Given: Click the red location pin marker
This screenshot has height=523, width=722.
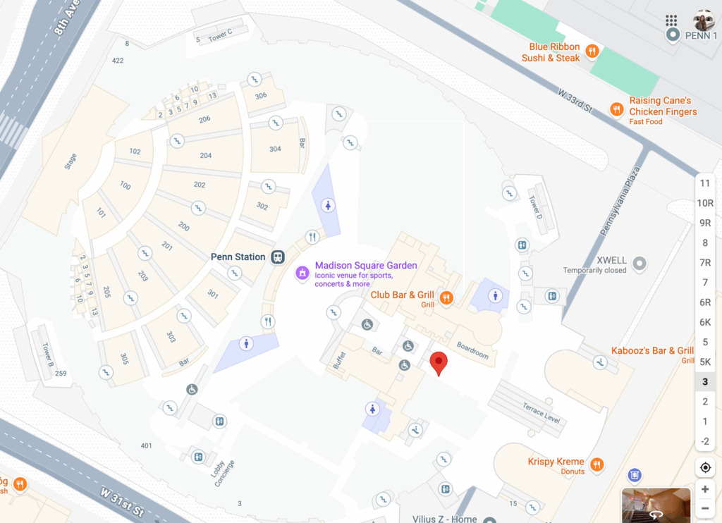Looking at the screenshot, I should pos(439,363).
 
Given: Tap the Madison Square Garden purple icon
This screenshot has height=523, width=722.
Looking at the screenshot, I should pos(302,272).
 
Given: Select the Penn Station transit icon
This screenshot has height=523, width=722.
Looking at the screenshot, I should pos(279,257).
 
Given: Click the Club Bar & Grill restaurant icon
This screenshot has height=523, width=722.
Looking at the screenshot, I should pos(446,298).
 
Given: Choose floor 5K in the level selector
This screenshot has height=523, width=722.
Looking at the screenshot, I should pos(704,362).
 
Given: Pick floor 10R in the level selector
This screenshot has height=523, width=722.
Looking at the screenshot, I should pos(704,203).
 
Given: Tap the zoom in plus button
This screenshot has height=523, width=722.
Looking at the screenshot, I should pos(705,489).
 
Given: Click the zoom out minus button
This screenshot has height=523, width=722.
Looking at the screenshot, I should pos(705,508).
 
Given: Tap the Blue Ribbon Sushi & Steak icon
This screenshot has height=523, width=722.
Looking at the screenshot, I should pos(593,51).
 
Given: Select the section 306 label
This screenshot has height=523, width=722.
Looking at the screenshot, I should pos(261,95).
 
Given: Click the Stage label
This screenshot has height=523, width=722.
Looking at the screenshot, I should pos(71,161).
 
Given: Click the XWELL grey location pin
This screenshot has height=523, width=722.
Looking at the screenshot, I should pos(640,264).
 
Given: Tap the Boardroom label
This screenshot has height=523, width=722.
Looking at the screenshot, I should pos(472,350).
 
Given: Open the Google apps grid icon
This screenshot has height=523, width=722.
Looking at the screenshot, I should pos(671,20).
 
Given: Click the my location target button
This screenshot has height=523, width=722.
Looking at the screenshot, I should pos(705,467).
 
